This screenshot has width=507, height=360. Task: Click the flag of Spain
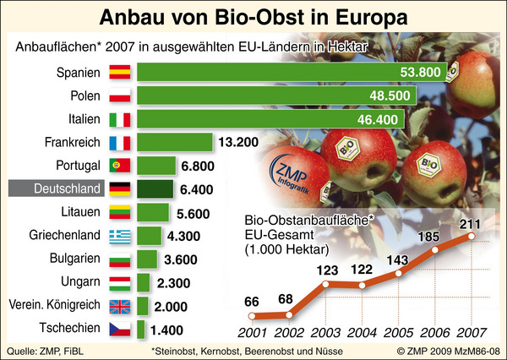pos(120,73)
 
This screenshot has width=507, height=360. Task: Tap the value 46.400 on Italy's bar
pos(379,119)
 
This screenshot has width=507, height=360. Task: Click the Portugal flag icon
pos(120,165)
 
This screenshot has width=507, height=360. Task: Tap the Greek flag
pos(120,234)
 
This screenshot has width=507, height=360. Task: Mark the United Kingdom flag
pos(120,304)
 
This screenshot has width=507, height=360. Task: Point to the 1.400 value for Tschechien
pos(167,327)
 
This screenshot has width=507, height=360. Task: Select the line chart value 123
pos(324,270)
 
